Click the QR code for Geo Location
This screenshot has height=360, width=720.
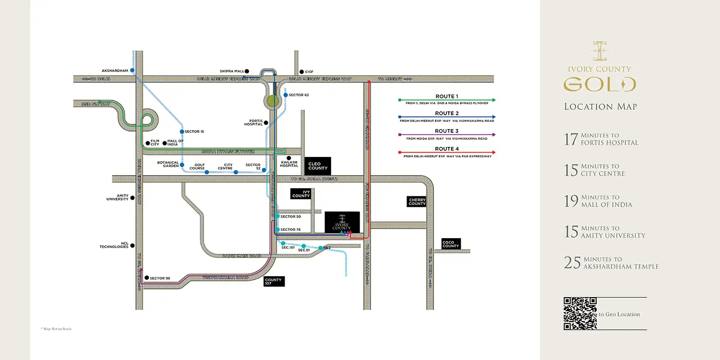tap(580, 313)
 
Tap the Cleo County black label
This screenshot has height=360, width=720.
tap(318, 166)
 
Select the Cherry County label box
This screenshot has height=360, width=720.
tap(417, 202)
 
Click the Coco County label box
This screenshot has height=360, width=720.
tap(451, 244)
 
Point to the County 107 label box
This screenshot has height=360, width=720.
tap(274, 282)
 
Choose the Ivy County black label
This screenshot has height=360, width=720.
tap(301, 193)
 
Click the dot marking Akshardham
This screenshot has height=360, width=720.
tap(132, 71)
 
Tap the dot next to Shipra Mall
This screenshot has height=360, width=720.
tap(247, 71)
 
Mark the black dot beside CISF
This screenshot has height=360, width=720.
tap(301, 72)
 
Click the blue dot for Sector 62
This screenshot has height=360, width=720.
tap(285, 95)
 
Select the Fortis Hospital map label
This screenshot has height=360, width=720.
tap(253, 123)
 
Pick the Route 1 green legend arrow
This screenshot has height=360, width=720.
tap(447, 100)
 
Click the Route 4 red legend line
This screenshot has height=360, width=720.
tap(447, 153)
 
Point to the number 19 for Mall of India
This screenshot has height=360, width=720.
tap(571, 201)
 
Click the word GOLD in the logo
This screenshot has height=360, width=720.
tap(600, 85)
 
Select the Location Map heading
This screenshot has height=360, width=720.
tap(600, 107)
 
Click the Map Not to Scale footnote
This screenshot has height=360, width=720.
tap(56, 329)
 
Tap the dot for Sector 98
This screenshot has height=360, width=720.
tap(146, 278)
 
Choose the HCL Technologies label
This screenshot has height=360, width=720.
tap(114, 245)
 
